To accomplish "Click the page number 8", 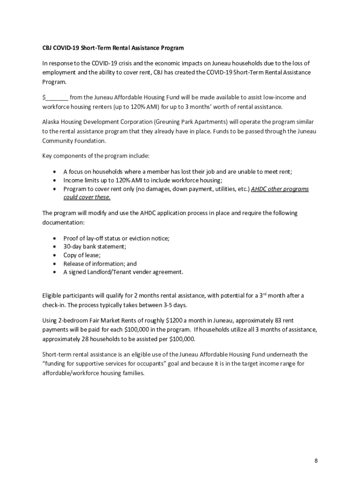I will coord(317,460).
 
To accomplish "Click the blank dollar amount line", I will coord(57,98).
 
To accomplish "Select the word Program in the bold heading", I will coord(171,48).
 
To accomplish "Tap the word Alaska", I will coord(51,122).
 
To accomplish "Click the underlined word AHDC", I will coord(259,189).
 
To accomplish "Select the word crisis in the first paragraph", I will coord(131,63).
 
